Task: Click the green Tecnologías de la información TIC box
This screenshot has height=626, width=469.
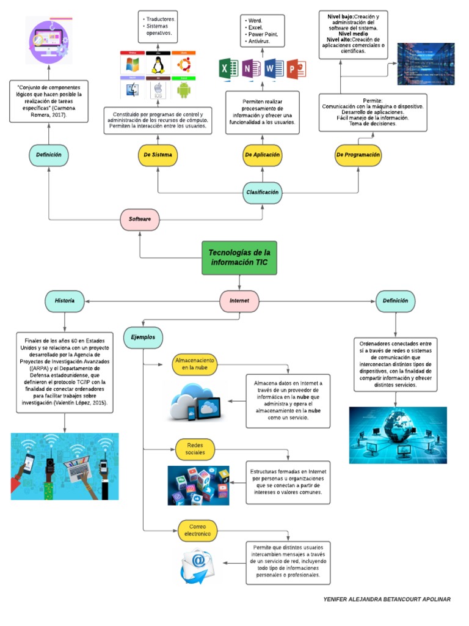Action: (239, 257)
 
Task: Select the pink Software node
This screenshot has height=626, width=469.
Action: (140, 219)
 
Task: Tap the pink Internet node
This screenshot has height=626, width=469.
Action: (239, 301)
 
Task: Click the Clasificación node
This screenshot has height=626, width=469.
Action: (263, 192)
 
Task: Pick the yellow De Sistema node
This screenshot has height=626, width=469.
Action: (158, 155)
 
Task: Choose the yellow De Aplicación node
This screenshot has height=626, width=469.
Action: (262, 155)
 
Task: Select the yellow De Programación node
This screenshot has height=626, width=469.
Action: (358, 155)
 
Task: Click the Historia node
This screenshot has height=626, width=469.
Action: (64, 301)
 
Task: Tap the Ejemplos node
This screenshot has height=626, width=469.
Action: (143, 337)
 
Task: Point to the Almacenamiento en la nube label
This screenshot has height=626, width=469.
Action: (195, 364)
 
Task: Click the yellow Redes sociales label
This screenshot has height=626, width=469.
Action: (195, 449)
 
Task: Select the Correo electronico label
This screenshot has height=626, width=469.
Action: (198, 530)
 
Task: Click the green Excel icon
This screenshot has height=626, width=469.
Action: (227, 68)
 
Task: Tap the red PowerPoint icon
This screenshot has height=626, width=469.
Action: (295, 68)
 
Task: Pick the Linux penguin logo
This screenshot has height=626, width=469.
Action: (158, 64)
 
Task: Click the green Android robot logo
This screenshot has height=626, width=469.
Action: (183, 90)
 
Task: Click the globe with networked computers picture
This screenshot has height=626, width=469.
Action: (398, 435)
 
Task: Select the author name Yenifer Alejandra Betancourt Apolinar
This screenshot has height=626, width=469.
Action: (387, 600)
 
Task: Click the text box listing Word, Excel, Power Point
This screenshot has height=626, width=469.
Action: (262, 31)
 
